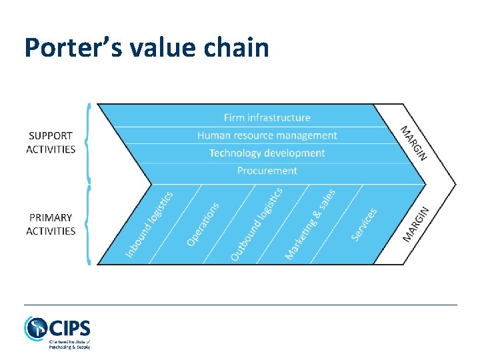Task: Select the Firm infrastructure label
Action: pos(267,117)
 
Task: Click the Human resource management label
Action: pos(267,135)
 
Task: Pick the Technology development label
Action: pos(267,153)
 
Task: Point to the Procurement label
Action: pos(267,171)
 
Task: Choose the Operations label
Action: pos(203,224)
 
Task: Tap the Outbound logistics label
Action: pos(256,224)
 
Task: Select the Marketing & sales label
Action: pos(310,224)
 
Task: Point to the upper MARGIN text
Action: pos(413,143)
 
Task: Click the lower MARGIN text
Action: pos(416,223)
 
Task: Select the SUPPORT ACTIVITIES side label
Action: pos(51,143)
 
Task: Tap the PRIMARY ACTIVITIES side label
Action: pos(51,224)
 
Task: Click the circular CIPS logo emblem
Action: pos(35,329)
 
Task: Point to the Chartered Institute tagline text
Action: pos(69,343)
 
